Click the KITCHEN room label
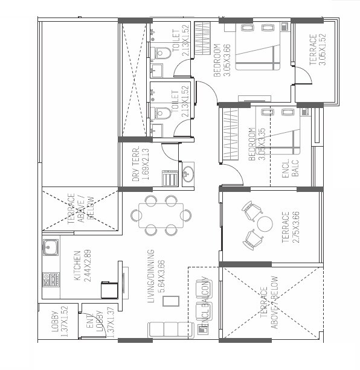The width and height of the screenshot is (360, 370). pyautogui.click(x=77, y=266)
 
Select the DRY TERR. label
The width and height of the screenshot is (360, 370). pyautogui.click(x=136, y=164)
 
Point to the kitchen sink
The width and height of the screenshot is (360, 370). pyautogui.click(x=50, y=247)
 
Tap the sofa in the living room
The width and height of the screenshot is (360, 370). pyautogui.click(x=171, y=330)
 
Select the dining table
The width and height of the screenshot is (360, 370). pyautogui.click(x=161, y=215)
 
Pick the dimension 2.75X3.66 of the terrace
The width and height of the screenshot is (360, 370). pyautogui.click(x=296, y=226)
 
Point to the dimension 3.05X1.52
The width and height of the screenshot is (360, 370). pyautogui.click(x=322, y=49)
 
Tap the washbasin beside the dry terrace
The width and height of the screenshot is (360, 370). pyautogui.click(x=187, y=173)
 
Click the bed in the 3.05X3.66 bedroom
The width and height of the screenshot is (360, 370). pyautogui.click(x=259, y=48)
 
